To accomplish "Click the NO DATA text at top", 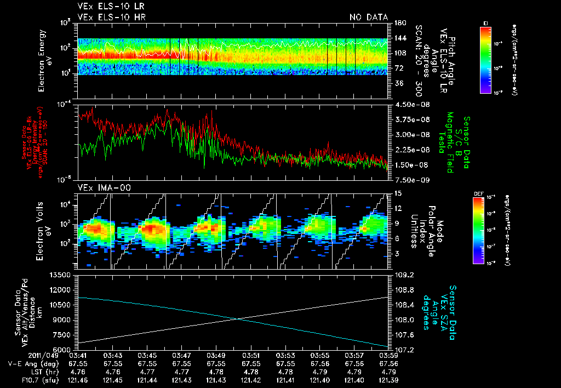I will [369, 17].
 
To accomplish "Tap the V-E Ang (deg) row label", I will [32, 363].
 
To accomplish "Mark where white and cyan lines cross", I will [236, 319].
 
